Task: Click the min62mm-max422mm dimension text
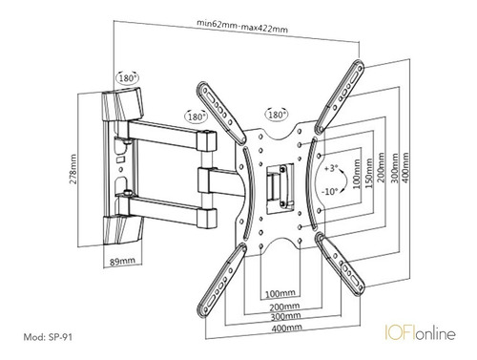[242, 27]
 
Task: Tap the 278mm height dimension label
[73, 169]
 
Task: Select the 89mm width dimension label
[122, 262]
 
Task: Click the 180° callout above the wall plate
[128, 77]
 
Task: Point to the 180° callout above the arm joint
[197, 116]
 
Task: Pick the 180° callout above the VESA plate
[277, 114]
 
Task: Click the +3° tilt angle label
[331, 168]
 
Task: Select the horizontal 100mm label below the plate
[280, 293]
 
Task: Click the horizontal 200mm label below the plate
[284, 307]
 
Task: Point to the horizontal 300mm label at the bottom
[285, 317]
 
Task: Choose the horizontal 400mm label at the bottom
[287, 328]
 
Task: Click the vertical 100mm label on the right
[357, 174]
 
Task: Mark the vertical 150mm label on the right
[369, 173]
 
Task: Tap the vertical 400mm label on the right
[405, 168]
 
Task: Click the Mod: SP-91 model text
[48, 337]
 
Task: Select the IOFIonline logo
[420, 332]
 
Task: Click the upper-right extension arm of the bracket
[339, 96]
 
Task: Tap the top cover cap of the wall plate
[122, 104]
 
